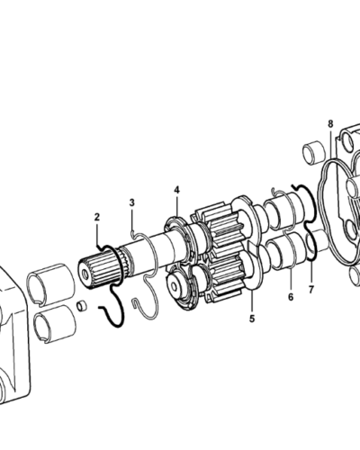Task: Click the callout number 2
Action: coord(97,217)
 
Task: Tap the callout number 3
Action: coord(131,203)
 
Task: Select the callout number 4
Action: coord(176,190)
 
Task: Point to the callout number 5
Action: coord(252,318)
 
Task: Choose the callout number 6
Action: coord(291,296)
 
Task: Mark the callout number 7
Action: coord(312,290)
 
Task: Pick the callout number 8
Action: coord(330,122)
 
